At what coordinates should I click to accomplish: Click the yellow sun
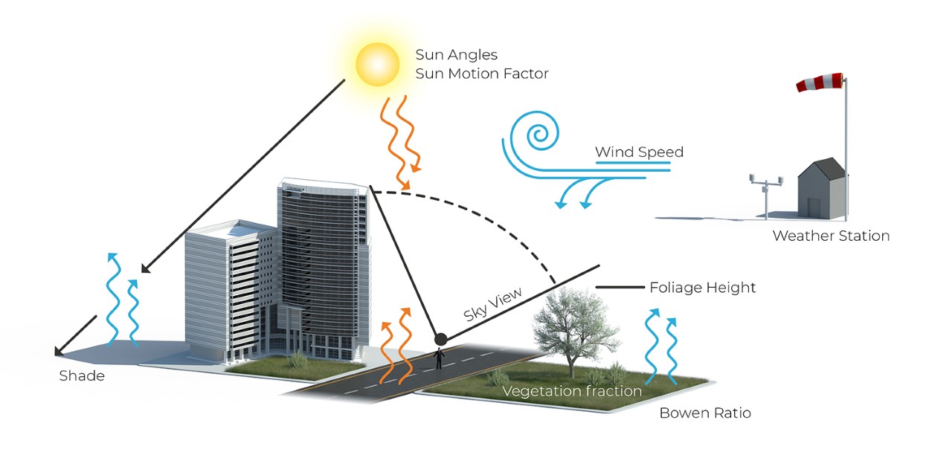[x=379, y=65]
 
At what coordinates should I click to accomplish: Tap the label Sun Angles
[x=456, y=55]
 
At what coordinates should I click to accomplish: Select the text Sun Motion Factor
[x=481, y=74]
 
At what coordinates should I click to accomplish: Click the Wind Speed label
[x=638, y=152]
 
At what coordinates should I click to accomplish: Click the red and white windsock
[x=820, y=81]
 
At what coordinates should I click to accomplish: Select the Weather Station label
[x=830, y=236]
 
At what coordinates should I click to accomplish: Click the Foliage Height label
[x=702, y=287]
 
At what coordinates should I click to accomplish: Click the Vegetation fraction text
[x=571, y=391]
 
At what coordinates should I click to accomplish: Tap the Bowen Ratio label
[x=705, y=413]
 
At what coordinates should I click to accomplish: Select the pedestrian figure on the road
[x=440, y=359]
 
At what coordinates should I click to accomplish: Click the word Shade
[x=82, y=375]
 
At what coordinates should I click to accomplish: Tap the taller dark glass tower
[x=324, y=260]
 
